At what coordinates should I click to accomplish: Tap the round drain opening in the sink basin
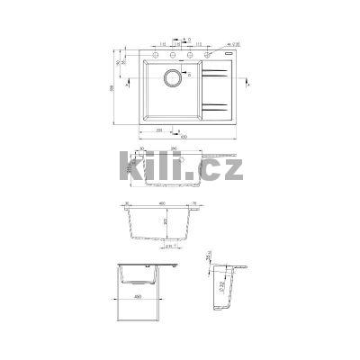click(175, 76)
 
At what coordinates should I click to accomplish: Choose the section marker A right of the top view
click(244, 81)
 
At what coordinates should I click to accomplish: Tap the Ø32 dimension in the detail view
click(221, 289)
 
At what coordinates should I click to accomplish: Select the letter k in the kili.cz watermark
click(130, 169)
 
